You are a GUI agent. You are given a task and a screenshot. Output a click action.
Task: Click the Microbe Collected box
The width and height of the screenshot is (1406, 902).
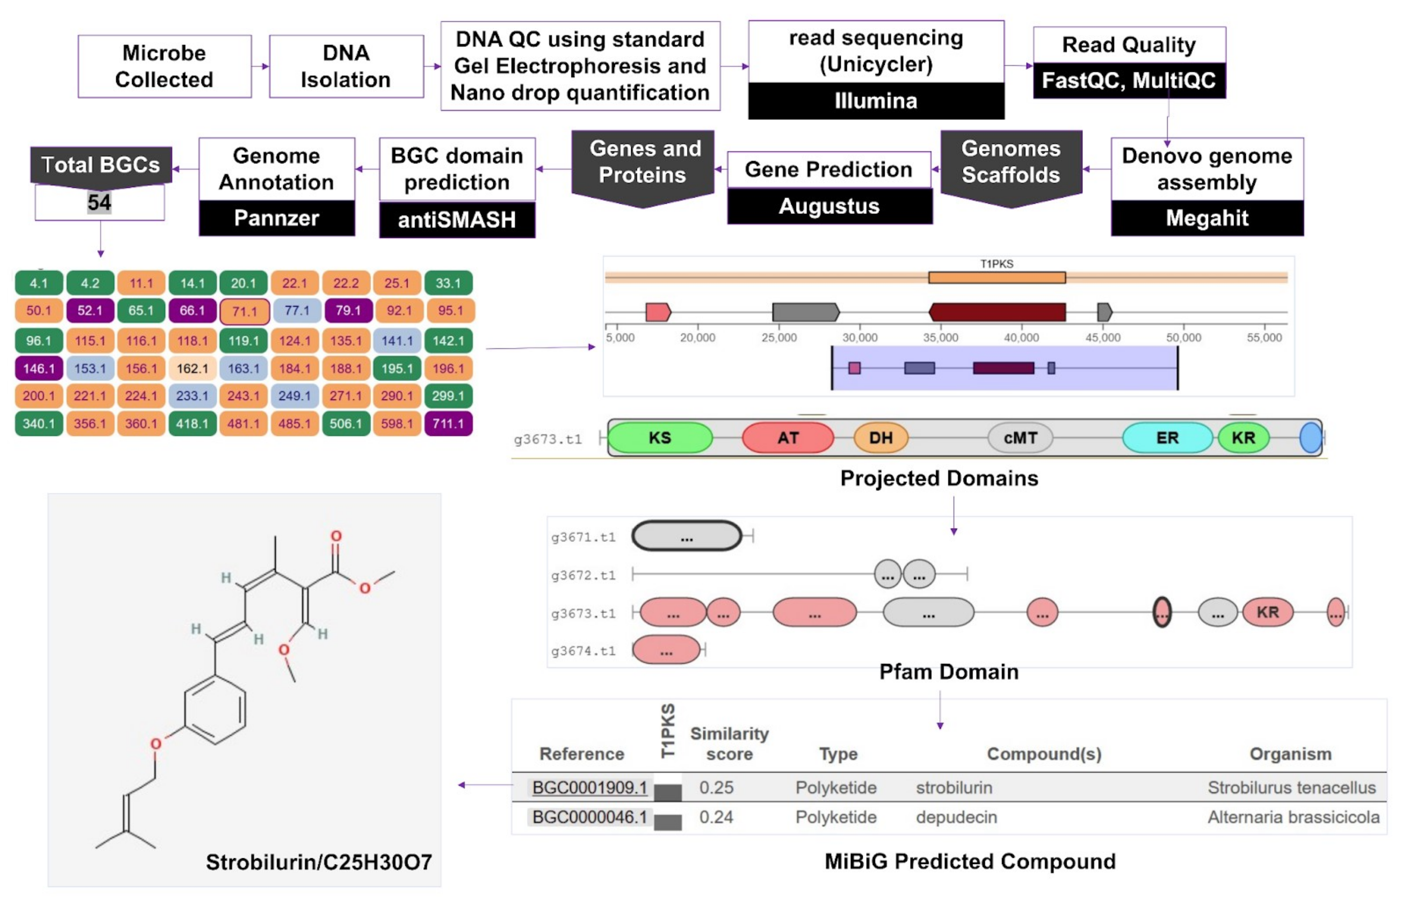pyautogui.click(x=165, y=66)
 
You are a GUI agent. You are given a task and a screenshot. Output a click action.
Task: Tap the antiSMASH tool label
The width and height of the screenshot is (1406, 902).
pyautogui.click(x=457, y=220)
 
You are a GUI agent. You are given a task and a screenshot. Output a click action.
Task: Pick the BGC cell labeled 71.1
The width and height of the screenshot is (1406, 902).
pyautogui.click(x=244, y=311)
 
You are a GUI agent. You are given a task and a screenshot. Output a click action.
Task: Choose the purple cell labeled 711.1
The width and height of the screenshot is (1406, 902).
pyautogui.click(x=448, y=423)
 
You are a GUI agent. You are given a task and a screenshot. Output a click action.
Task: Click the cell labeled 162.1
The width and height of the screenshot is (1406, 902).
pyautogui.click(x=192, y=368)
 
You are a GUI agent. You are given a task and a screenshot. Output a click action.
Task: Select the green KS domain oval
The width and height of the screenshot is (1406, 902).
pyautogui.click(x=660, y=437)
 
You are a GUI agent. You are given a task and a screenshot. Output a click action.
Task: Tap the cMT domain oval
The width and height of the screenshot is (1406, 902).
pyautogui.click(x=1020, y=437)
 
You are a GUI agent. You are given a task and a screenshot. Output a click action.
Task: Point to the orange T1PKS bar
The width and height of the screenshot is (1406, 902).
pyautogui.click(x=997, y=277)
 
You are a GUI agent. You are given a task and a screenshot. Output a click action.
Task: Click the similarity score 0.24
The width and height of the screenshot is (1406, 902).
pyautogui.click(x=716, y=817)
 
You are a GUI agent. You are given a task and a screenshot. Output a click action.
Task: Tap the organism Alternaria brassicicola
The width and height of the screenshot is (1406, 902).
pyautogui.click(x=1293, y=817)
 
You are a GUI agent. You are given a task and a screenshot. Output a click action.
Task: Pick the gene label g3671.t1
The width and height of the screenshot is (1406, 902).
pyautogui.click(x=583, y=537)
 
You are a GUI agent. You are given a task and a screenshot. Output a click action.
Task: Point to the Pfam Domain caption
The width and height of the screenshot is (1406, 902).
pyautogui.click(x=949, y=672)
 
